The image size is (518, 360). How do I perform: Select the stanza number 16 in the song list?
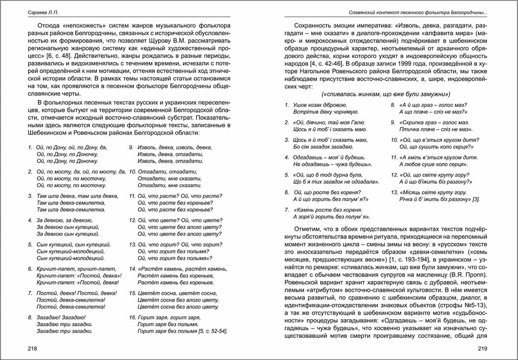pyautogui.click(x=133, y=317)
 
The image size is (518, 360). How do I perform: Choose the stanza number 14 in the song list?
pyautogui.click(x=133, y=269)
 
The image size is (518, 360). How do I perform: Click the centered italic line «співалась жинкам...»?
pyautogui.click(x=386, y=94)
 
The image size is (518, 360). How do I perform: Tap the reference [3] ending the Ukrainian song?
pyautogui.click(x=476, y=199)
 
